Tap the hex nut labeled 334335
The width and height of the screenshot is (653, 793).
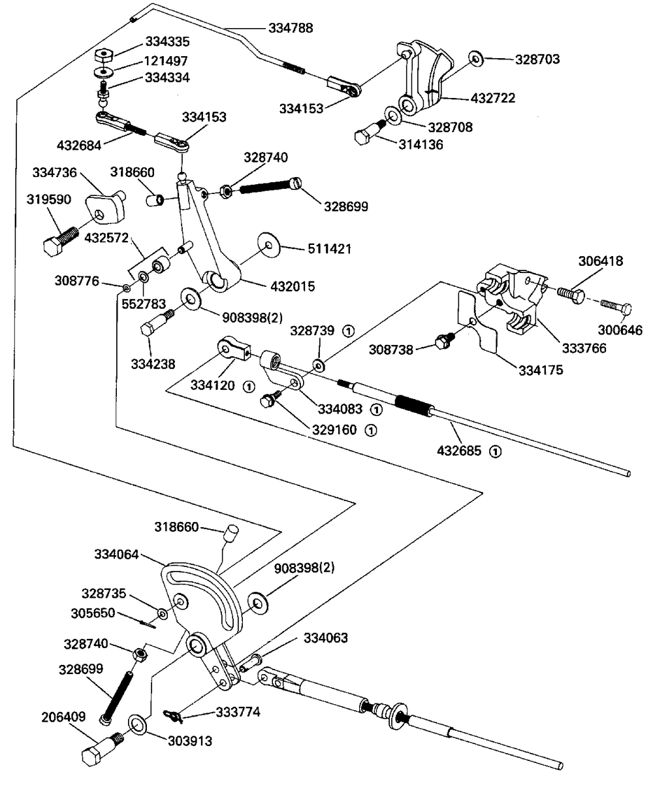point(104,54)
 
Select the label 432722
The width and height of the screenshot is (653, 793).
point(493,99)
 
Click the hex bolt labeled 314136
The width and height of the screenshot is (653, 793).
point(366,135)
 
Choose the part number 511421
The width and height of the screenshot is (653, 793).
point(330,249)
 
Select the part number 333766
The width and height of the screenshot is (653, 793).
point(584,348)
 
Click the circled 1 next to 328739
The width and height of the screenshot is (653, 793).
point(348,331)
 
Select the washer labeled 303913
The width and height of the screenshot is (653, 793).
point(138,722)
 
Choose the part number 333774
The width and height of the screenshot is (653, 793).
point(238,712)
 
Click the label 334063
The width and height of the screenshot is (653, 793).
point(325,638)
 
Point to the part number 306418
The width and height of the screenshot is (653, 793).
point(600,262)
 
